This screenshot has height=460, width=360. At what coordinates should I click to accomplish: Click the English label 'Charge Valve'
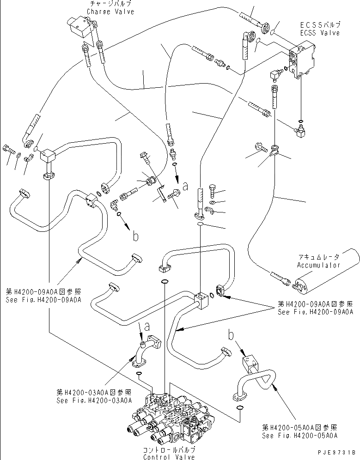[x=104, y=12]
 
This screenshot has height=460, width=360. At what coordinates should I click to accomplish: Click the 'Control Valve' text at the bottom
[x=169, y=457]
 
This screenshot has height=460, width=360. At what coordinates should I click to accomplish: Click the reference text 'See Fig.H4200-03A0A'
[x=92, y=400]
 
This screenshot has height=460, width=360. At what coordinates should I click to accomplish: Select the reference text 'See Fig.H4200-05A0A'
[x=299, y=435]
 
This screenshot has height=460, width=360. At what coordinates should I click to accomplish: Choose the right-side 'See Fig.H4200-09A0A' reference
[x=316, y=312]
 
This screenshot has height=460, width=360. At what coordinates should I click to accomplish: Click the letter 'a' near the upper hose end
[x=185, y=187]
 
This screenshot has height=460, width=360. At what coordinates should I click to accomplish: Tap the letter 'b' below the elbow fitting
[x=135, y=236]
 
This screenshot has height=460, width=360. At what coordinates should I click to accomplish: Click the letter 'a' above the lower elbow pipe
[x=147, y=327]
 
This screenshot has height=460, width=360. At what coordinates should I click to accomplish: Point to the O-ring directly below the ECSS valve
[x=300, y=122]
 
